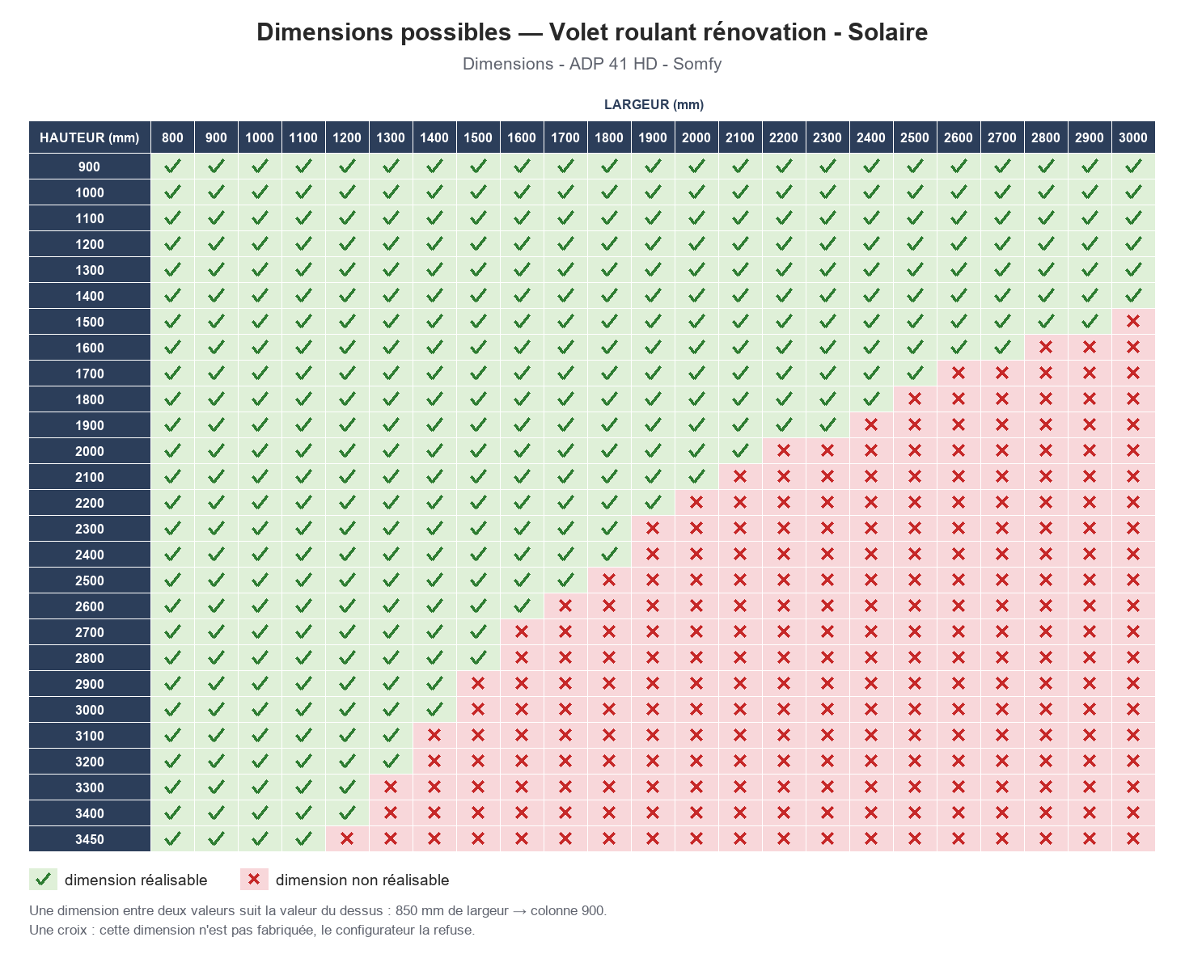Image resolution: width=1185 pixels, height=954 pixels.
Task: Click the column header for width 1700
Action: [565, 137]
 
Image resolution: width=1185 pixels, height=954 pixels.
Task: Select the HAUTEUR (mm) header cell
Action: [90, 137]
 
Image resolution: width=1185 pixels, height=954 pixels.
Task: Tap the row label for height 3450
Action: [90, 839]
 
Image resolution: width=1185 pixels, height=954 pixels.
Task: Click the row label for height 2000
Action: [90, 451]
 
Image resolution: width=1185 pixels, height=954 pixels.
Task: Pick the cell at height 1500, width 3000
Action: [1132, 322]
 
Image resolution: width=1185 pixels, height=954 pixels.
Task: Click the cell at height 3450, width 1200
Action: [347, 839]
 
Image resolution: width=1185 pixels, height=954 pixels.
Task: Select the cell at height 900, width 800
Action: [172, 167]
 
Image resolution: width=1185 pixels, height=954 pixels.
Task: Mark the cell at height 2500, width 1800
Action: [608, 580]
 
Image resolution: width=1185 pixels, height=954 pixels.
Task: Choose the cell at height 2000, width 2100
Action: [739, 451]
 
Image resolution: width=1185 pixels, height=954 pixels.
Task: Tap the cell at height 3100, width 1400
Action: [434, 736]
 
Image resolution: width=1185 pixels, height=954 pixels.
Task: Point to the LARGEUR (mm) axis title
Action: [654, 104]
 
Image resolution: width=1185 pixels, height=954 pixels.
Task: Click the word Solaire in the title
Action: [887, 32]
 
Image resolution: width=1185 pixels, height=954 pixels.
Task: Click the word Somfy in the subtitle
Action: [697, 64]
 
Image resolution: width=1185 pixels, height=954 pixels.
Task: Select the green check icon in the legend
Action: [43, 879]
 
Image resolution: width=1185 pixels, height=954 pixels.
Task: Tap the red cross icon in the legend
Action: [254, 879]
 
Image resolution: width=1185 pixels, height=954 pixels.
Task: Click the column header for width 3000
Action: [1132, 137]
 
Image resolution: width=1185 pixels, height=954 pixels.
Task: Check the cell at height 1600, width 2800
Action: [1045, 348]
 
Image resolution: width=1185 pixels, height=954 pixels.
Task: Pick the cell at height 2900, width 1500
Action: [477, 684]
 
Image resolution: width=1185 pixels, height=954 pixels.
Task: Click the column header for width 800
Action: [172, 137]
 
